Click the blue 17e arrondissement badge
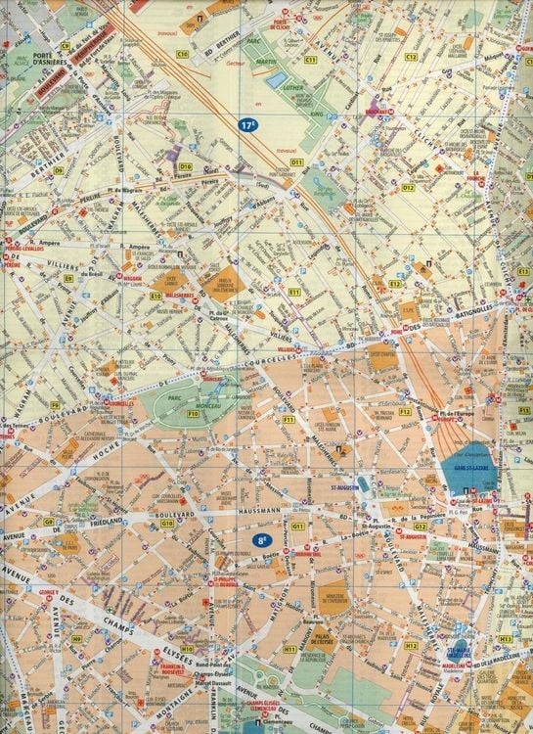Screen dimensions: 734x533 [248, 125]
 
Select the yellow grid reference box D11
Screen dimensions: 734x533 [296, 161]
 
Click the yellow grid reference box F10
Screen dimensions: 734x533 [193, 415]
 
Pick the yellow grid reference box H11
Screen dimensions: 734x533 [290, 649]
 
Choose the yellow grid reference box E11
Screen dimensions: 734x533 [293, 292]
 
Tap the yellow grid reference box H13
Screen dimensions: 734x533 [505, 639]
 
